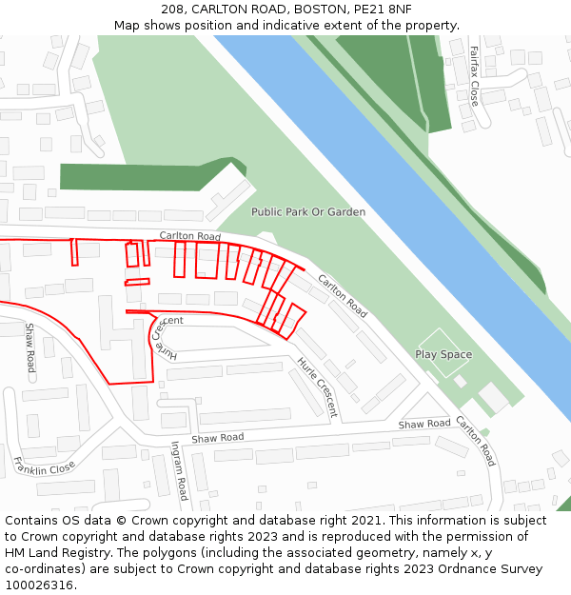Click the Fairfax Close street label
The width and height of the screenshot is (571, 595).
[x=473, y=79]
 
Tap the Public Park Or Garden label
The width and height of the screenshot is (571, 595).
[x=307, y=211]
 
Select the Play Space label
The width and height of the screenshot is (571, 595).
[x=443, y=354]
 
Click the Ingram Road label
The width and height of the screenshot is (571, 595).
[x=178, y=470]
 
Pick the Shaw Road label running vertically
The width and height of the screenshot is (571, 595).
[x=30, y=347]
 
